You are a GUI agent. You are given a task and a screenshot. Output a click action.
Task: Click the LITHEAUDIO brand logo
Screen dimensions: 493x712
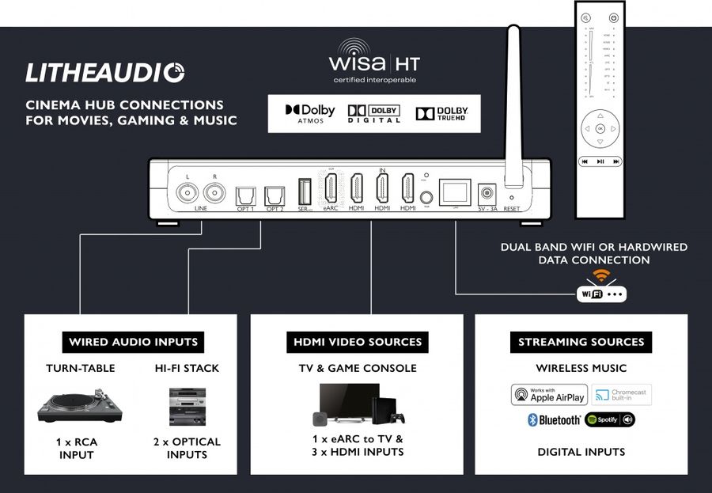(x=105, y=73)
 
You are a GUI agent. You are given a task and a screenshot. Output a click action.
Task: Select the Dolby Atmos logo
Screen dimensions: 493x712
(x=310, y=113)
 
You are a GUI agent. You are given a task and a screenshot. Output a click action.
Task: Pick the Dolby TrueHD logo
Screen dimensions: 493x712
(x=442, y=113)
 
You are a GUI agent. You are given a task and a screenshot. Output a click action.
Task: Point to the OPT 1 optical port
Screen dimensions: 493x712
(x=244, y=194)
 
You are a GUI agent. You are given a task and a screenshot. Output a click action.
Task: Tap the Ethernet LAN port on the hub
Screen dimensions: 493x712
(x=454, y=192)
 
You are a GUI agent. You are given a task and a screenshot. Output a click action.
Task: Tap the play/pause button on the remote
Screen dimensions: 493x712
(x=600, y=161)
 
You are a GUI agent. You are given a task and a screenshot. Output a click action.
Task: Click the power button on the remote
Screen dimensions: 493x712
(x=614, y=17)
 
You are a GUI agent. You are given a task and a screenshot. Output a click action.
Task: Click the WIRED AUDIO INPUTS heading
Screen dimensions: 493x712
(x=133, y=343)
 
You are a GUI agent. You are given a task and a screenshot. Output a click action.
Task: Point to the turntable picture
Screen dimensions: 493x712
(x=80, y=406)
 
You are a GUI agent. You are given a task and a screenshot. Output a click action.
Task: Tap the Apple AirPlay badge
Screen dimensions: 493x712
(x=548, y=395)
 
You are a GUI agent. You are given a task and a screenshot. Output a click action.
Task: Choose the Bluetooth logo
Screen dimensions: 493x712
(x=554, y=419)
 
